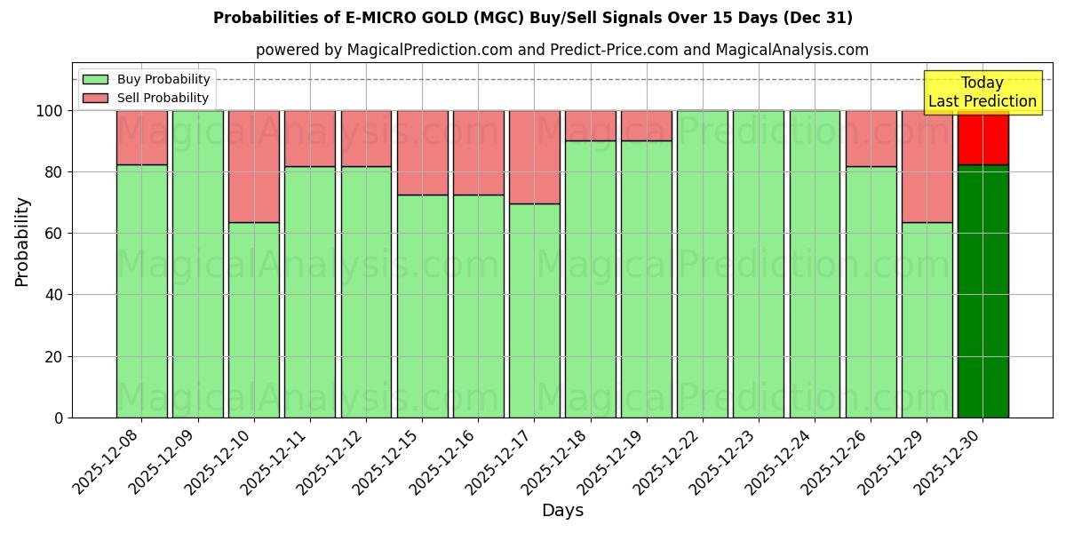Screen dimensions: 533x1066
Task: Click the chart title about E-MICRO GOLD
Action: pyautogui.click(x=532, y=18)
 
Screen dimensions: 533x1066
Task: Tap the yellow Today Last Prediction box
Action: pyautogui.click(x=982, y=92)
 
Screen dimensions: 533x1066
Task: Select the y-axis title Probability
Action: pyautogui.click(x=22, y=242)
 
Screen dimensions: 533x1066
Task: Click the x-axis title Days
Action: pyautogui.click(x=562, y=511)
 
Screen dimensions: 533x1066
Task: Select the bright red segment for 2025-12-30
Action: pyautogui.click(x=982, y=138)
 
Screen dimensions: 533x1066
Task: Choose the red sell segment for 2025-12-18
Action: pyautogui.click(x=591, y=125)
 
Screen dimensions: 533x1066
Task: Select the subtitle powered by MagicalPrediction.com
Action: pyautogui.click(x=562, y=50)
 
